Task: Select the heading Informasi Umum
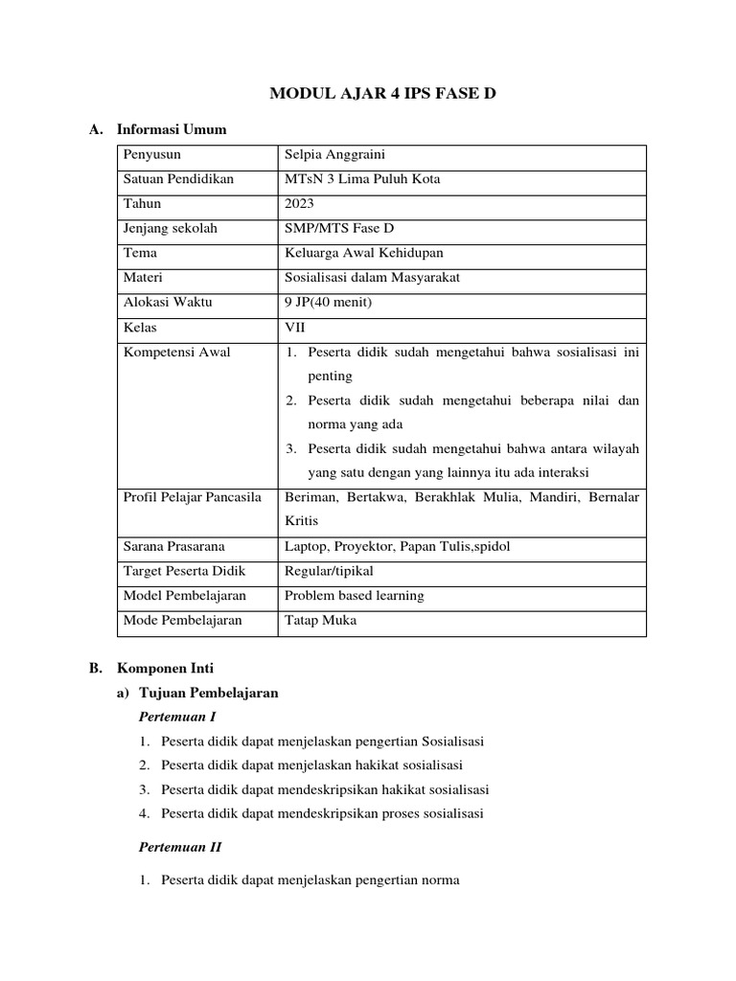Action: (x=171, y=129)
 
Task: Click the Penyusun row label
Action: (x=152, y=154)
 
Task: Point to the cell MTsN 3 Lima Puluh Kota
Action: (x=362, y=179)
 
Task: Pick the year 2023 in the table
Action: (x=300, y=203)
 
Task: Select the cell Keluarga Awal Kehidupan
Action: (x=364, y=253)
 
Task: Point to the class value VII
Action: (x=295, y=327)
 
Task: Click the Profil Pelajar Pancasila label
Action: (x=193, y=497)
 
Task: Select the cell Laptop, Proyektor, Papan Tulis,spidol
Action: (x=398, y=546)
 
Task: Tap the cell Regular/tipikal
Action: (x=329, y=571)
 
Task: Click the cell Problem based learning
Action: (x=355, y=595)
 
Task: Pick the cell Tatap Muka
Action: (x=320, y=620)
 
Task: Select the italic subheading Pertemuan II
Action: (x=180, y=847)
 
